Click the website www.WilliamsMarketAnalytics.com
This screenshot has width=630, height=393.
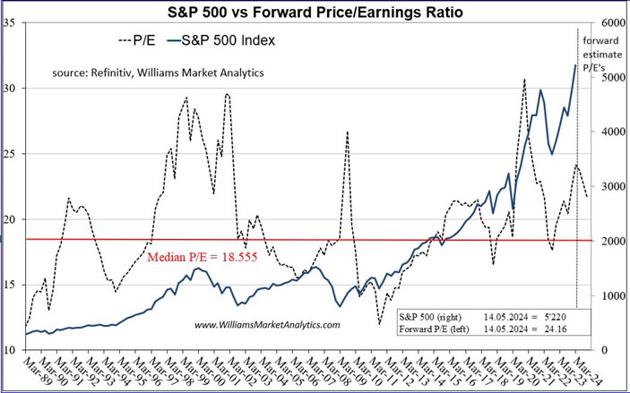coord(267,325)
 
